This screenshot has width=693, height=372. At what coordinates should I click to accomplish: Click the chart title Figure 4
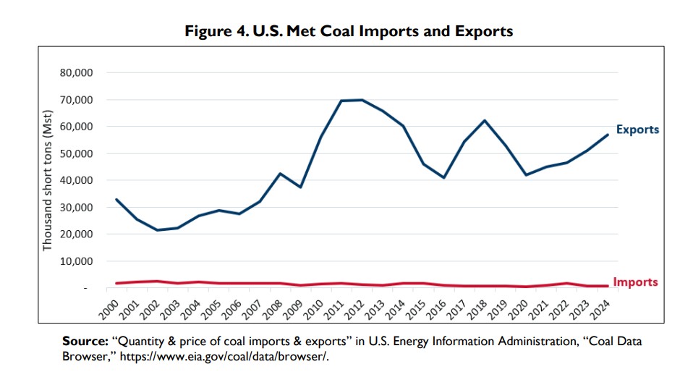pyautogui.click(x=349, y=31)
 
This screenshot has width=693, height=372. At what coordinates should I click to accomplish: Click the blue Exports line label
pyautogui.click(x=638, y=130)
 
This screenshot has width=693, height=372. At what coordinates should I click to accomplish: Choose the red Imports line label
pyautogui.click(x=636, y=282)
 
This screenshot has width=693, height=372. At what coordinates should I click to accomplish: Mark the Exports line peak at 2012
pyautogui.click(x=362, y=100)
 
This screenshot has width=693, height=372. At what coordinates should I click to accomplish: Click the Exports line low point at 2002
pyautogui.click(x=156, y=230)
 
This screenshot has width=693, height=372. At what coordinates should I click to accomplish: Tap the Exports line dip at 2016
pyautogui.click(x=443, y=178)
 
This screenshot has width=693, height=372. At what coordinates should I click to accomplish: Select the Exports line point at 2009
pyautogui.click(x=300, y=187)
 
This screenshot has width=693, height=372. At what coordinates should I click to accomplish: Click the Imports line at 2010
pyautogui.click(x=320, y=284)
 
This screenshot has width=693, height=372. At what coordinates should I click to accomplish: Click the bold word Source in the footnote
pyautogui.click(x=85, y=341)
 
